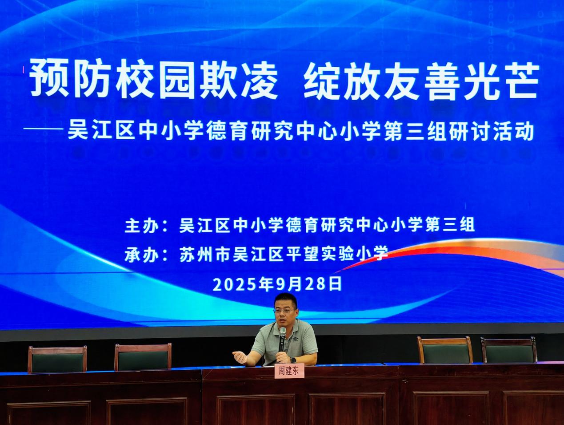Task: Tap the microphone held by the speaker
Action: pyautogui.click(x=282, y=340)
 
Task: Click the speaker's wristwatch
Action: pyautogui.click(x=293, y=360)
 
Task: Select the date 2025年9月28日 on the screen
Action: pyautogui.click(x=277, y=284)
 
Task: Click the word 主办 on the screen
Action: pyautogui.click(x=141, y=226)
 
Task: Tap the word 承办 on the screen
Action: pyautogui.click(x=141, y=255)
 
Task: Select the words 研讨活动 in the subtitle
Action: pyautogui.click(x=493, y=132)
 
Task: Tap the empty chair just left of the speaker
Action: pyautogui.click(x=143, y=357)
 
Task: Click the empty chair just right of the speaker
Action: pyautogui.click(x=445, y=350)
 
